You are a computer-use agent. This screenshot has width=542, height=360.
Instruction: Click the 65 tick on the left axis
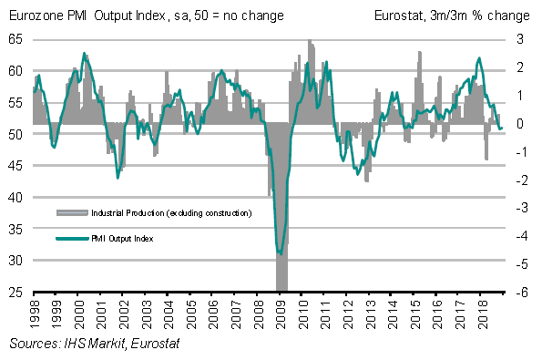pyautogui.click(x=15, y=39)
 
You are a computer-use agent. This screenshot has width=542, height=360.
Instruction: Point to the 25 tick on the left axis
pyautogui.click(x=15, y=293)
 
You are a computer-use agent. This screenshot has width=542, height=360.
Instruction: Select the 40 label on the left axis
pyautogui.click(x=15, y=198)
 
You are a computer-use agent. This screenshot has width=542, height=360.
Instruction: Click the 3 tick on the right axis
pyautogui.click(x=520, y=39)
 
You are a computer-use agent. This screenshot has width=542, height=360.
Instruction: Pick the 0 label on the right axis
pyautogui.click(x=520, y=123)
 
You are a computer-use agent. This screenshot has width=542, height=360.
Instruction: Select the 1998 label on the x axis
pyautogui.click(x=35, y=314)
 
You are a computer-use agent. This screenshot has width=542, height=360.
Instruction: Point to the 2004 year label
pyautogui.click(x=169, y=314)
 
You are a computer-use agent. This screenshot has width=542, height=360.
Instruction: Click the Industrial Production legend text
pyautogui.click(x=171, y=213)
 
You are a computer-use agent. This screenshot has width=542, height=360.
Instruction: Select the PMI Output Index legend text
pyautogui.click(x=122, y=239)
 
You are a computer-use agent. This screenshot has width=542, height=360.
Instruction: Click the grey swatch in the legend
pyautogui.click(x=72, y=212)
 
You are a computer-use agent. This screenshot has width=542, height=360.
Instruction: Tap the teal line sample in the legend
pyautogui.click(x=72, y=238)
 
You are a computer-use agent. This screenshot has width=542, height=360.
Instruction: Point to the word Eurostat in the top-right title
pyautogui.click(x=400, y=15)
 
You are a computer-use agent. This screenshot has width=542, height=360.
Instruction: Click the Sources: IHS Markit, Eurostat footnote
pyautogui.click(x=95, y=344)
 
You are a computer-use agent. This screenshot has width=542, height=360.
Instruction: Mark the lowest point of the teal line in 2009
pyautogui.click(x=281, y=254)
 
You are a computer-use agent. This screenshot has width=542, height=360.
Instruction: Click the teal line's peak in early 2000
pyautogui.click(x=84, y=53)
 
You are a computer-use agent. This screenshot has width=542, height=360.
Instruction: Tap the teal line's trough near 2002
pyautogui.click(x=118, y=178)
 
